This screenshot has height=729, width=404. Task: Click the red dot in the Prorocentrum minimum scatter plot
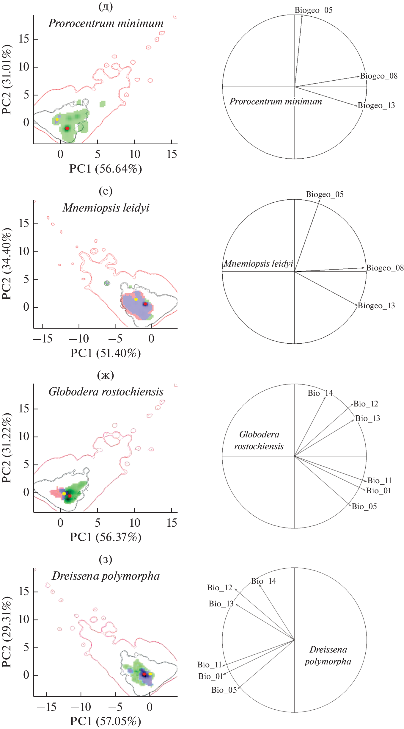tap(67, 128)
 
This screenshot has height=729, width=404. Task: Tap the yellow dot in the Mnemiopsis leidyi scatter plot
tap(136, 299)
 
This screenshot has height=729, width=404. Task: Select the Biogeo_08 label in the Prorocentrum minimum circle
tap(378, 76)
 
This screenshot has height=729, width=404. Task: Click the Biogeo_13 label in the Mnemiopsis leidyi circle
tap(376, 306)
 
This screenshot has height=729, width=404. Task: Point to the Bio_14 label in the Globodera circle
tap(320, 393)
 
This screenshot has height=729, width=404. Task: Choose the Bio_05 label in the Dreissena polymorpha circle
tap(224, 690)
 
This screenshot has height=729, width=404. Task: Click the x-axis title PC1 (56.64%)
tap(106, 169)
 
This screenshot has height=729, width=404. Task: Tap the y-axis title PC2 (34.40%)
tap(7, 264)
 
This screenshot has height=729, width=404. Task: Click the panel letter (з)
tap(106, 559)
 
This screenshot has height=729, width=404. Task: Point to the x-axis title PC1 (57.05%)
tap(106, 721)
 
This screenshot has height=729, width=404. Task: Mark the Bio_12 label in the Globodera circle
tap(366, 404)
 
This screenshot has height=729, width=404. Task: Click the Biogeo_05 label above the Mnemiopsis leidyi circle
tap(325, 194)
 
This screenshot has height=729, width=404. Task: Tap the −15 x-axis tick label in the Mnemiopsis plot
tap(43, 339)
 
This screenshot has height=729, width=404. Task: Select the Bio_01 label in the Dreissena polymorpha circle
tap(211, 676)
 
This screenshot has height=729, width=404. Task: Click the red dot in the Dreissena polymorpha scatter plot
tap(144, 674)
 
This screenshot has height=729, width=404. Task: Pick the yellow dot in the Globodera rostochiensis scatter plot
tap(64, 494)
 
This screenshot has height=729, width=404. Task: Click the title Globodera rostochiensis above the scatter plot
tap(106, 392)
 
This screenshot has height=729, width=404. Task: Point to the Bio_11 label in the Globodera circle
tap(379, 481)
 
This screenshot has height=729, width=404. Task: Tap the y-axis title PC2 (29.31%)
tap(7, 632)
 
